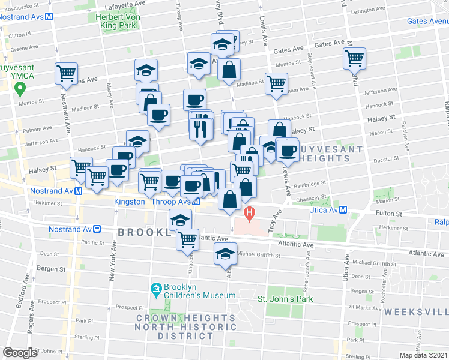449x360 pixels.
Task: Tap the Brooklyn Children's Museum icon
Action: (156, 290)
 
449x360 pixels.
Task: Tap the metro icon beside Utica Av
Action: (343, 210)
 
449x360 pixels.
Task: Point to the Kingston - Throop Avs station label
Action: (152, 202)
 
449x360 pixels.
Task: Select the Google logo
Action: (20, 352)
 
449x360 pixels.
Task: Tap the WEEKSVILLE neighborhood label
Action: (416, 312)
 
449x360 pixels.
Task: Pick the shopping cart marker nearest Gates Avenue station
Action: (355, 59)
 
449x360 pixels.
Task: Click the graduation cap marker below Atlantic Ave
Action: (225, 253)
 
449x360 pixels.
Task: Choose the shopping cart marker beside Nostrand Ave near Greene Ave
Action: (65, 73)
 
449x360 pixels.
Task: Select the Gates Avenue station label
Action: (427, 21)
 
